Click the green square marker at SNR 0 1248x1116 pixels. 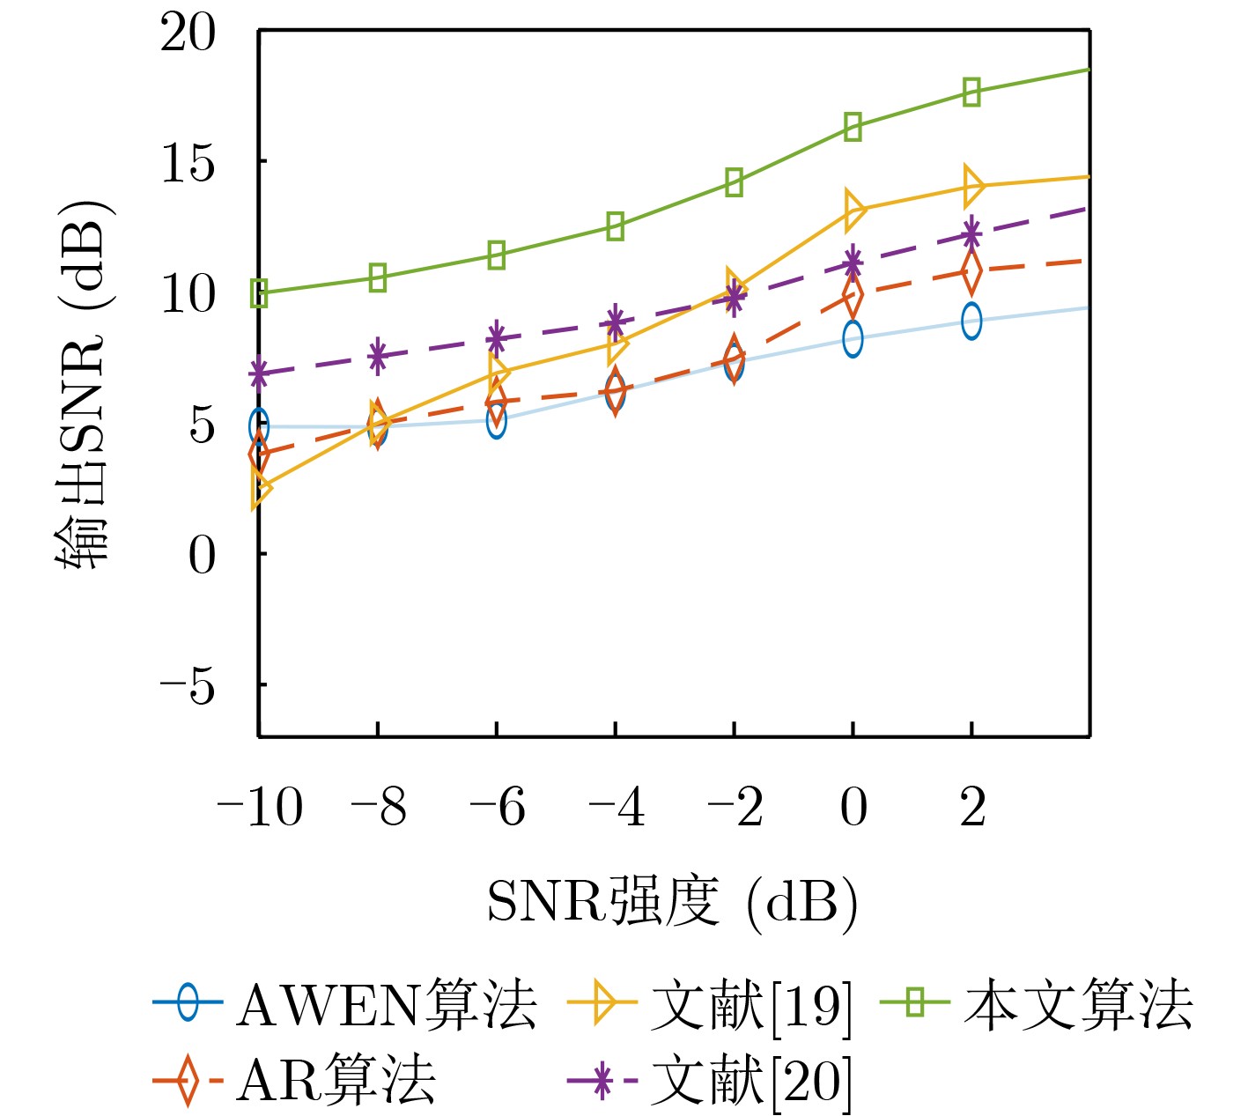click(x=853, y=127)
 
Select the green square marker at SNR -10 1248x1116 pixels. click(x=259, y=293)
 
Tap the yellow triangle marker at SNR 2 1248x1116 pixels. click(x=972, y=186)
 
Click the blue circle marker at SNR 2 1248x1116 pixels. click(x=971, y=321)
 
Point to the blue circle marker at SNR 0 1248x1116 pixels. click(x=853, y=339)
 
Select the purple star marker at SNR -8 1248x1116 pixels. click(x=378, y=356)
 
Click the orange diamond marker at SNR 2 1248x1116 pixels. click(x=971, y=271)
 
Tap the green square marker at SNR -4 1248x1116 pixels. click(x=615, y=226)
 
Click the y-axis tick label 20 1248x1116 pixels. click(x=188, y=35)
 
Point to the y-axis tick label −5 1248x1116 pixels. click(x=188, y=685)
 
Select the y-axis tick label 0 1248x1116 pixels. click(x=202, y=555)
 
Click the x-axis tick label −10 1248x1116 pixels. click(x=260, y=807)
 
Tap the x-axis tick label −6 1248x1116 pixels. click(x=497, y=807)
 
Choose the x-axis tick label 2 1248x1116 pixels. click(x=972, y=807)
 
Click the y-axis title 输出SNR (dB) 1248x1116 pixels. click(x=83, y=384)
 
